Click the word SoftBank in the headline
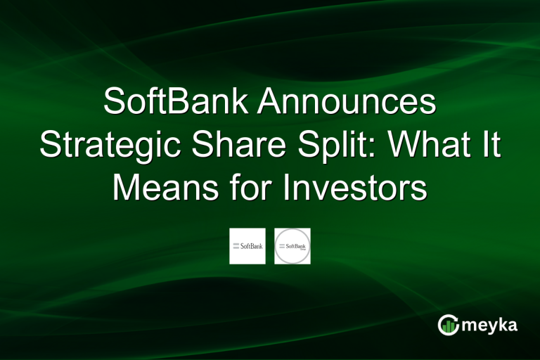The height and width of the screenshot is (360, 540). click(175, 103)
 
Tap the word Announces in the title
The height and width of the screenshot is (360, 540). click(346, 103)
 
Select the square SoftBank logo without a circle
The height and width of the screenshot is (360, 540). click(247, 246)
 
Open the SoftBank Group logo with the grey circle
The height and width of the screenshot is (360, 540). click(292, 246)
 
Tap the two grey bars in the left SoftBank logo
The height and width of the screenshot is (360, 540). click(236, 245)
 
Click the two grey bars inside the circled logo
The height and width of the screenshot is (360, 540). click(281, 245)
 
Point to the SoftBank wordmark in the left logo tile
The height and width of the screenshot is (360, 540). click(251, 247)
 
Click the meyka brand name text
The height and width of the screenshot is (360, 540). click(490, 326)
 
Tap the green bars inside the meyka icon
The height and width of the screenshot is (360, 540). click(448, 326)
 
